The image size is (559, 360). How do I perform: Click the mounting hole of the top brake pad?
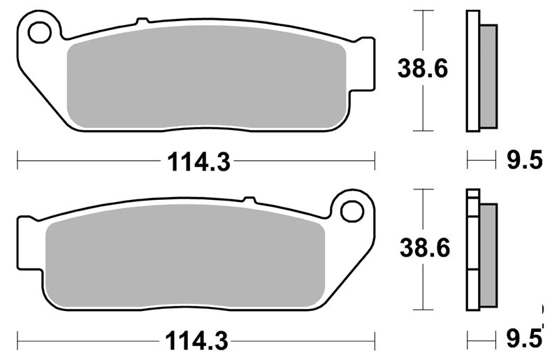pyautogui.click(x=39, y=32)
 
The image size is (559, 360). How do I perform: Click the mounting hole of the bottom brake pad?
pyautogui.click(x=352, y=212)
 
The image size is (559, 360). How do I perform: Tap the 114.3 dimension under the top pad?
pyautogui.click(x=198, y=161)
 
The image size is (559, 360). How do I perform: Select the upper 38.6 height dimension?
pyautogui.click(x=423, y=69)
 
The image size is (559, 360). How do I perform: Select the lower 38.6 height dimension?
pyautogui.click(x=425, y=247)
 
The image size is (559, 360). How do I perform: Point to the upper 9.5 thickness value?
pyautogui.click(x=525, y=159)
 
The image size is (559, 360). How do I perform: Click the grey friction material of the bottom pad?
pyautogui.click(x=185, y=256)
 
